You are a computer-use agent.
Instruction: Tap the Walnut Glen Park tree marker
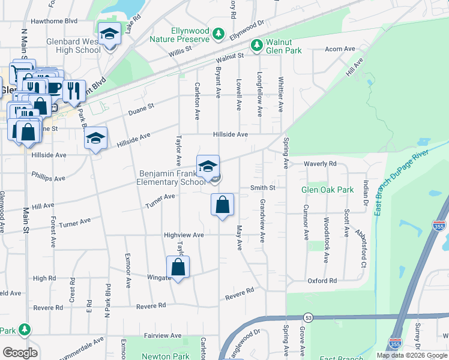point(257,44)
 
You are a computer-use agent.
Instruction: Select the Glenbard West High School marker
point(110,35)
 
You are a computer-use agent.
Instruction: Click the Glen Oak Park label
point(327,190)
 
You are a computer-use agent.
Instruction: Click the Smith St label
point(262,188)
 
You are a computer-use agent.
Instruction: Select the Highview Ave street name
point(184,235)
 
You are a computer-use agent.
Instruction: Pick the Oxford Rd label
point(322,281)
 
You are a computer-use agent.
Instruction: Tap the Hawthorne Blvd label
point(55,20)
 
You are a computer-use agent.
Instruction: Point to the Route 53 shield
point(309,317)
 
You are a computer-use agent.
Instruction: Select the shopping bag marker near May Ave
point(222,205)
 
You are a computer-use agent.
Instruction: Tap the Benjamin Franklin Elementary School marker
point(208,166)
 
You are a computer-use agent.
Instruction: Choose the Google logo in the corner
point(20,353)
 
